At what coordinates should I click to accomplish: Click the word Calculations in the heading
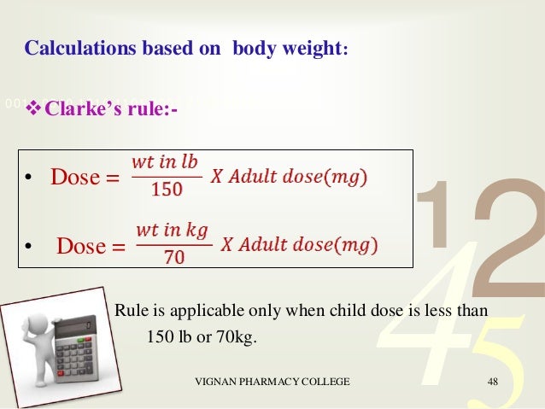74,47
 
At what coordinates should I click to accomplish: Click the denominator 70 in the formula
173,257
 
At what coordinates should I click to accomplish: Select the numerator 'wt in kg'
172,231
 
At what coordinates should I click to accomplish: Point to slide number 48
492,382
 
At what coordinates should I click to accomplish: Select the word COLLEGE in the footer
324,382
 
